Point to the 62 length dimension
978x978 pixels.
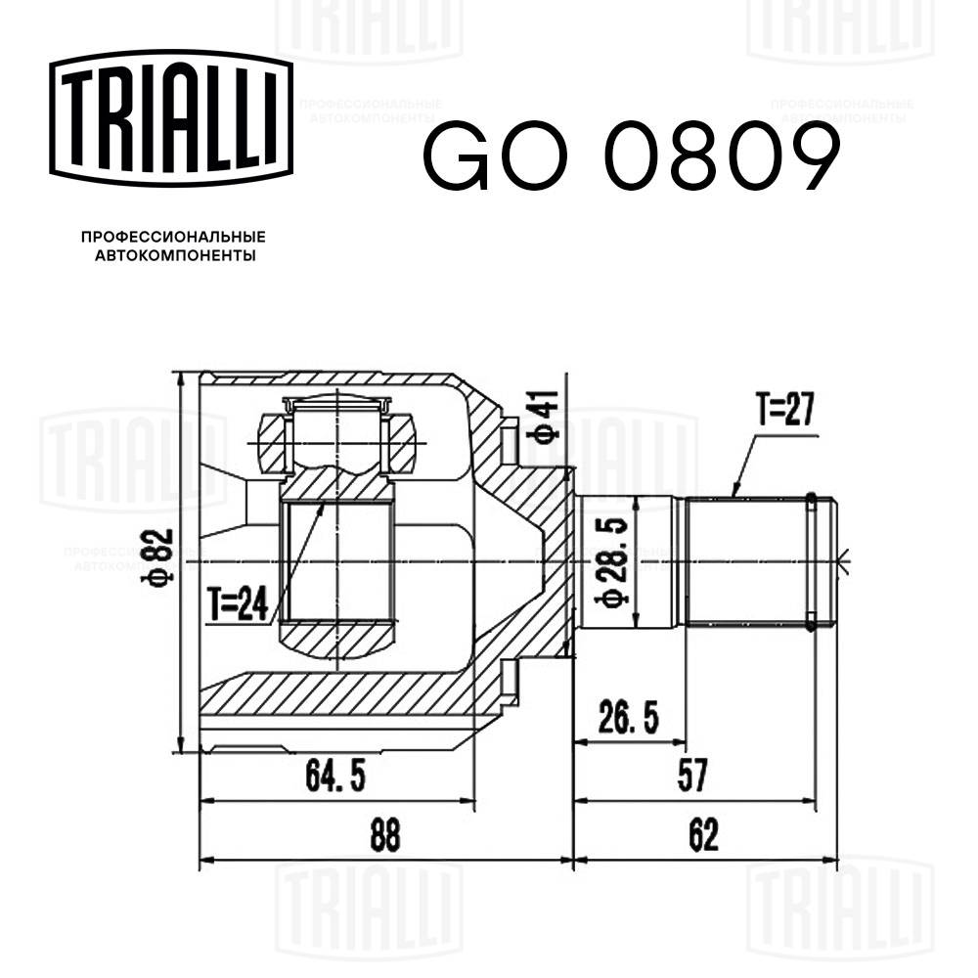point(703,837)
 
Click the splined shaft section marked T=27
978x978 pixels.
point(748,561)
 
